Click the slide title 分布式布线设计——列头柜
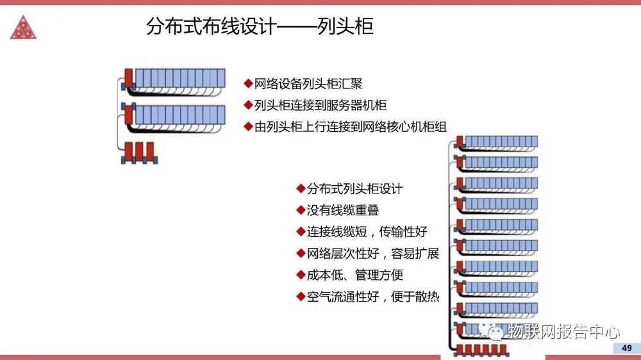click(260, 27)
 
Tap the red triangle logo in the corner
click(23, 26)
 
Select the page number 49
click(626, 348)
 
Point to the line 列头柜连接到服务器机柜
click(320, 105)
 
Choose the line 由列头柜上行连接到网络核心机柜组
click(349, 127)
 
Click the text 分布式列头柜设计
click(354, 189)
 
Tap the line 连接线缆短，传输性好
click(366, 231)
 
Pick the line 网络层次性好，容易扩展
click(372, 253)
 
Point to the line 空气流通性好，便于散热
click(372, 297)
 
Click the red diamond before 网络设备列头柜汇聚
click(248, 84)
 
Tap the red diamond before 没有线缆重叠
click(301, 210)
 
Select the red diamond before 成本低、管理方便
click(301, 275)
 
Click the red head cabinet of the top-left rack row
click(128, 78)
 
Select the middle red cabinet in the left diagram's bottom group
click(138, 151)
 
